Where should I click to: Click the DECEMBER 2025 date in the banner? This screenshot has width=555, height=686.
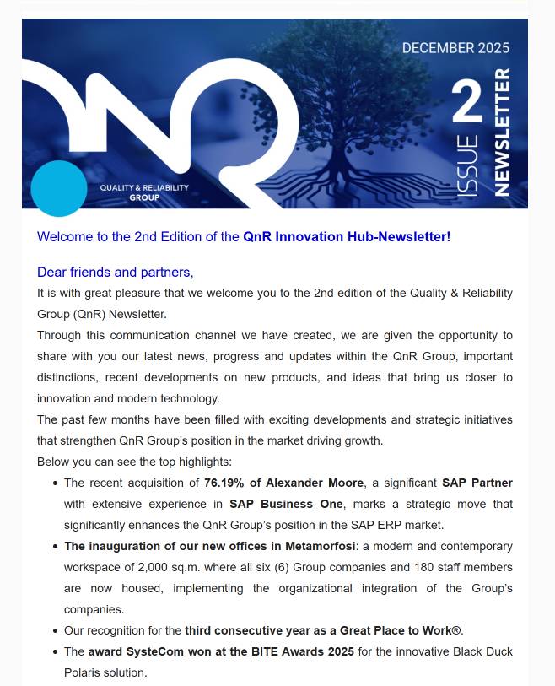[x=455, y=48]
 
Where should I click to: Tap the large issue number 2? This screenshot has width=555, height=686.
[x=467, y=103]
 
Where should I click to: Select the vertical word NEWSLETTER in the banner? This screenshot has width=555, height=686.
[x=502, y=133]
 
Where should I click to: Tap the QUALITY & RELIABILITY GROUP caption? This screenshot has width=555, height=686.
[x=144, y=192]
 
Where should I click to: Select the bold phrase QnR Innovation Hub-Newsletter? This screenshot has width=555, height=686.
[x=347, y=237]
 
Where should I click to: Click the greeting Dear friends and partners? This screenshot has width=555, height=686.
[x=116, y=272]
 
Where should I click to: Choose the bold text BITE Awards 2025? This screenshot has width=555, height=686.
[x=308, y=651]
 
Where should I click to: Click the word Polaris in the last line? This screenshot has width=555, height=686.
[x=84, y=672]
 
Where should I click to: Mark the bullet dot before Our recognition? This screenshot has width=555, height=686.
[x=55, y=631]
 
